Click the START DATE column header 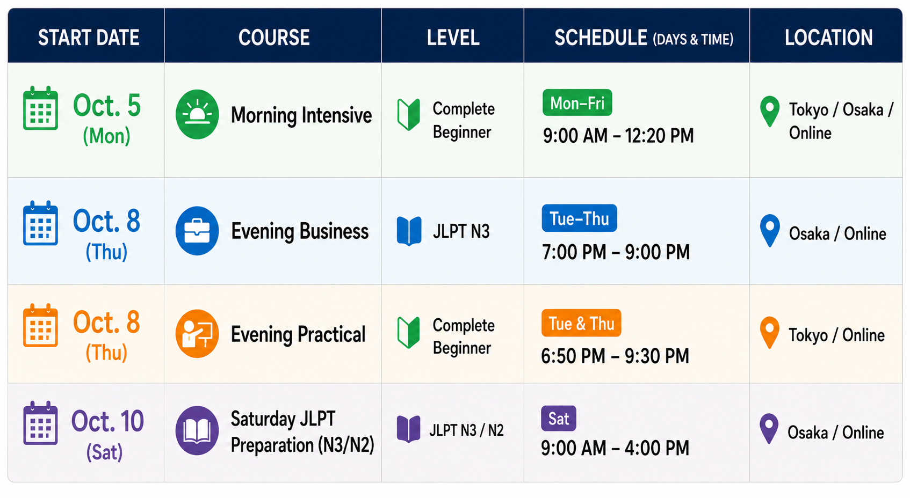(x=89, y=38)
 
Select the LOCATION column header (x=828, y=38)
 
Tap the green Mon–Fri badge (x=577, y=102)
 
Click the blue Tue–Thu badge (x=579, y=218)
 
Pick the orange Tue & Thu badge (x=581, y=323)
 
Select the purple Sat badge (x=559, y=419)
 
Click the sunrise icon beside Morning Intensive (x=197, y=114)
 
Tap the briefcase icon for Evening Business (x=197, y=231)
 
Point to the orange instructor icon (x=197, y=334)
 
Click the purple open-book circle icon (x=197, y=430)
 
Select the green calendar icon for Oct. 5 (x=40, y=108)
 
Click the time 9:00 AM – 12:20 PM (x=618, y=136)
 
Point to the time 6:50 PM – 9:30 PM (x=615, y=356)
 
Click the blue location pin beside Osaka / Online (x=770, y=231)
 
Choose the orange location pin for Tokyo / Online (x=769, y=332)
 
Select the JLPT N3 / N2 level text (x=466, y=430)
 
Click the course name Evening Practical (x=298, y=334)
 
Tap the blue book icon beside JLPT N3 (x=409, y=231)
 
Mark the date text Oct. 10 (x=107, y=421)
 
